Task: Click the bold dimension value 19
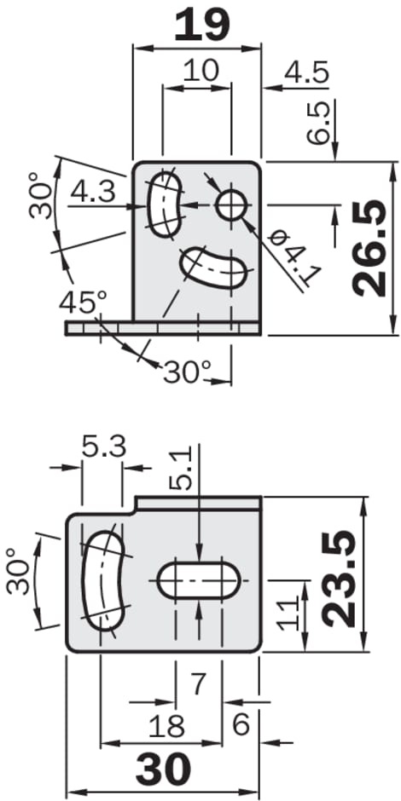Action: click(201, 26)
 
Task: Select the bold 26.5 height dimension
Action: click(369, 248)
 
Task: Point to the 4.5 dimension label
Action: click(306, 73)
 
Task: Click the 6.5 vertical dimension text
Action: click(317, 123)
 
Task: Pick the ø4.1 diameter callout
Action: click(295, 258)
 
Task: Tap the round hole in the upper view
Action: click(232, 206)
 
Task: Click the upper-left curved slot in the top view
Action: click(165, 205)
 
